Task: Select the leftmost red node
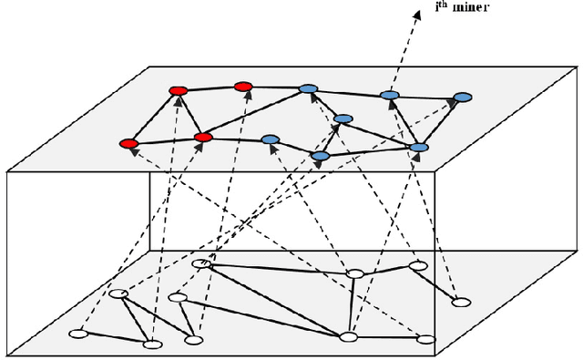[129, 144]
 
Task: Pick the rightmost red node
[243, 87]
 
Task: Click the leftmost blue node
[270, 139]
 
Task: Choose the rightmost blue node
[463, 97]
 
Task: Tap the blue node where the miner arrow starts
[389, 95]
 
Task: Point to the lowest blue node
[320, 157]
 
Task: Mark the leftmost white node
[80, 334]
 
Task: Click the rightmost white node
[462, 303]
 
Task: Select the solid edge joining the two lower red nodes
[166, 140]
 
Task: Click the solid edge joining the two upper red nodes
[210, 88]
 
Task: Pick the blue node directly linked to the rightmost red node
[308, 88]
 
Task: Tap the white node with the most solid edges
[347, 336]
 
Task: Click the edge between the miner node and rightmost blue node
[426, 96]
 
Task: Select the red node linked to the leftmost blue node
[204, 138]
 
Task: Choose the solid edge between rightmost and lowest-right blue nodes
[442, 121]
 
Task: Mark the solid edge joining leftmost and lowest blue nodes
[294, 148]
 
